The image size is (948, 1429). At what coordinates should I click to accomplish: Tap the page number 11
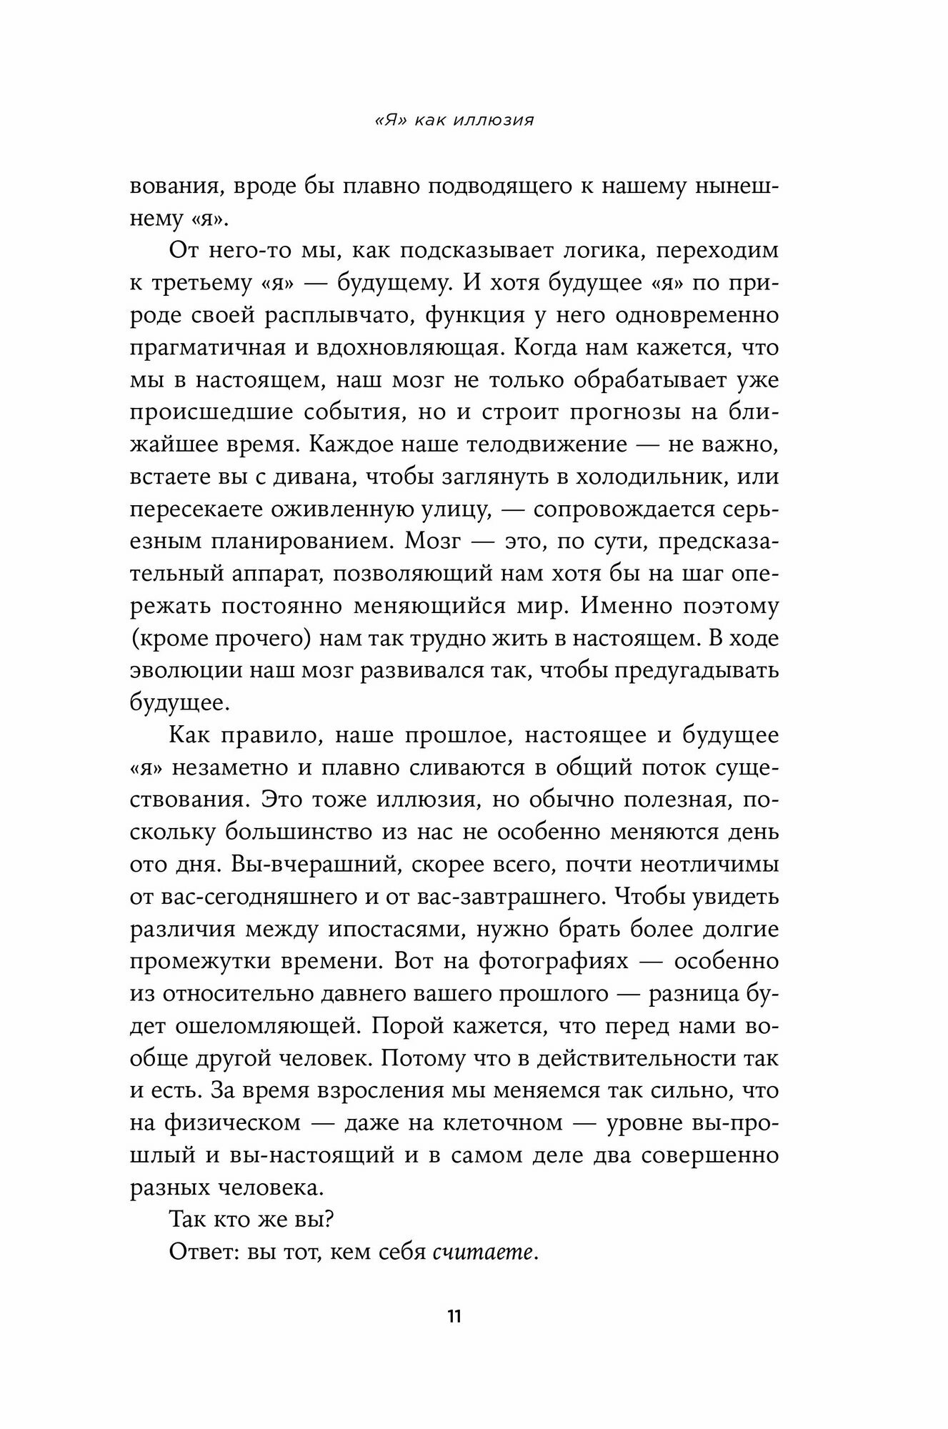pyautogui.click(x=454, y=1316)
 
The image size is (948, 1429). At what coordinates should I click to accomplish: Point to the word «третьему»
pyautogui.click(x=198, y=283)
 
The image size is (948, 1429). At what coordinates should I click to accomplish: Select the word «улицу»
pyautogui.click(x=451, y=509)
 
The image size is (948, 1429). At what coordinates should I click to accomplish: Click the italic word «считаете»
pyautogui.click(x=484, y=1253)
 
